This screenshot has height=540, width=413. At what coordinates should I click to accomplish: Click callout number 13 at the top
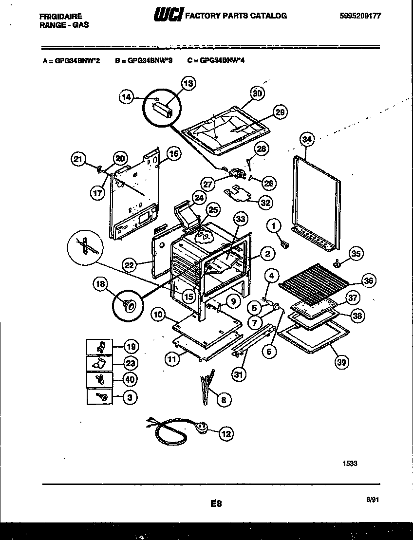188,84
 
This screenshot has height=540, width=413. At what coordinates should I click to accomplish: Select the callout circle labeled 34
306,140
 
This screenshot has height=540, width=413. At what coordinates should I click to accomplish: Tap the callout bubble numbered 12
226,433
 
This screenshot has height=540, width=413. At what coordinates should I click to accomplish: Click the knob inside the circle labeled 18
130,305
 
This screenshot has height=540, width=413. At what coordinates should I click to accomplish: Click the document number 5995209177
360,16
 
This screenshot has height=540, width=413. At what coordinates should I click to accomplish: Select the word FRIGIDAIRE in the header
60,16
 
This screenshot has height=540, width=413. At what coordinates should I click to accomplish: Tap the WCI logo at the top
168,16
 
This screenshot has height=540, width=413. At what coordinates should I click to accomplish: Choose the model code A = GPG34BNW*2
71,62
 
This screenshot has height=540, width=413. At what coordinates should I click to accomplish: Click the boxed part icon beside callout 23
99,363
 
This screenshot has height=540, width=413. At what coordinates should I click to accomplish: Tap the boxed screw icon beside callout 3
99,397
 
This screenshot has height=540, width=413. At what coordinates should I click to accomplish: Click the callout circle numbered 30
257,93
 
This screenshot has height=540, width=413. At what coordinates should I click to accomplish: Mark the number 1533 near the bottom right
350,464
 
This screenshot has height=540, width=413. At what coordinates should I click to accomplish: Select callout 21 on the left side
78,158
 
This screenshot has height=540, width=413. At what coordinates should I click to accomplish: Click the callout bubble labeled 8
224,400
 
